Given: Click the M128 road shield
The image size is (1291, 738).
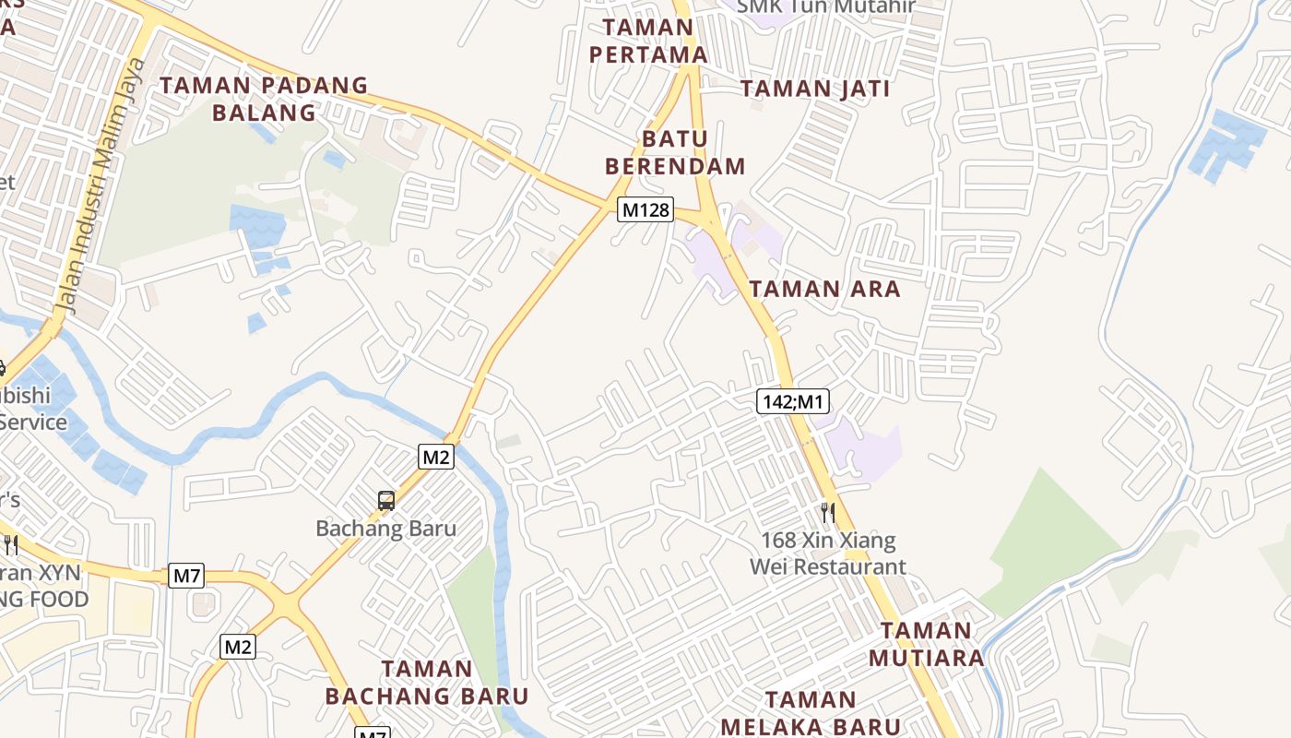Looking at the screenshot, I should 645,209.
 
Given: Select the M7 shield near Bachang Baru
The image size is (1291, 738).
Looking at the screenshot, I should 187,577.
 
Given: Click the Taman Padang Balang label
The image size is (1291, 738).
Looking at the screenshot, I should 264,99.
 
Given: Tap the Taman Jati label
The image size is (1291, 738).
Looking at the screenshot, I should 815,89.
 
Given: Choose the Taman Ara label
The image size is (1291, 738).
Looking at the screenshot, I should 824,289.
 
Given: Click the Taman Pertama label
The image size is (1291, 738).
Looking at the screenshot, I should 648,41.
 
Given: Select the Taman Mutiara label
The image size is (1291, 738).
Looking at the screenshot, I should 926,644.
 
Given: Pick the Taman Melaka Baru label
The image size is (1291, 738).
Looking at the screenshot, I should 811,713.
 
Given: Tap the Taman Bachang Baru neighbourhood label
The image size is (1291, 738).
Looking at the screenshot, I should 427,682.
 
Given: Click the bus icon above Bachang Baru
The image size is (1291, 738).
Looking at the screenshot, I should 386,501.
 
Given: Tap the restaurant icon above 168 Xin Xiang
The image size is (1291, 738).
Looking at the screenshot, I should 828,512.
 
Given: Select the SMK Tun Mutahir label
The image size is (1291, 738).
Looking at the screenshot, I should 825,7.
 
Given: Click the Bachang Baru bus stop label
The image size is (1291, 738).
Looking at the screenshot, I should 386,529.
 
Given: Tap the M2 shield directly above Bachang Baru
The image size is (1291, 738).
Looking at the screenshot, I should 436,456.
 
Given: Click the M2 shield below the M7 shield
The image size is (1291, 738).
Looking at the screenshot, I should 238,647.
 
